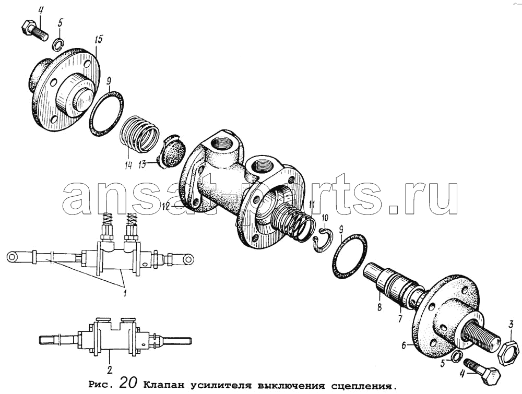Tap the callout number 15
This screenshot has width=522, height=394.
pos(99,40)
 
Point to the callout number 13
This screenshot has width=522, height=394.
pos(143,164)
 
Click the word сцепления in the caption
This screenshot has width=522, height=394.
pos(363,386)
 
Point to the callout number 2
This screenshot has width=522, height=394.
pos(110,369)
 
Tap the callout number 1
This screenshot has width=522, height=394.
pos(124,293)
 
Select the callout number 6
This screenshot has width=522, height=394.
pos(404,346)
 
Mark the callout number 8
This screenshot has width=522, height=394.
pos(379,307)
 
